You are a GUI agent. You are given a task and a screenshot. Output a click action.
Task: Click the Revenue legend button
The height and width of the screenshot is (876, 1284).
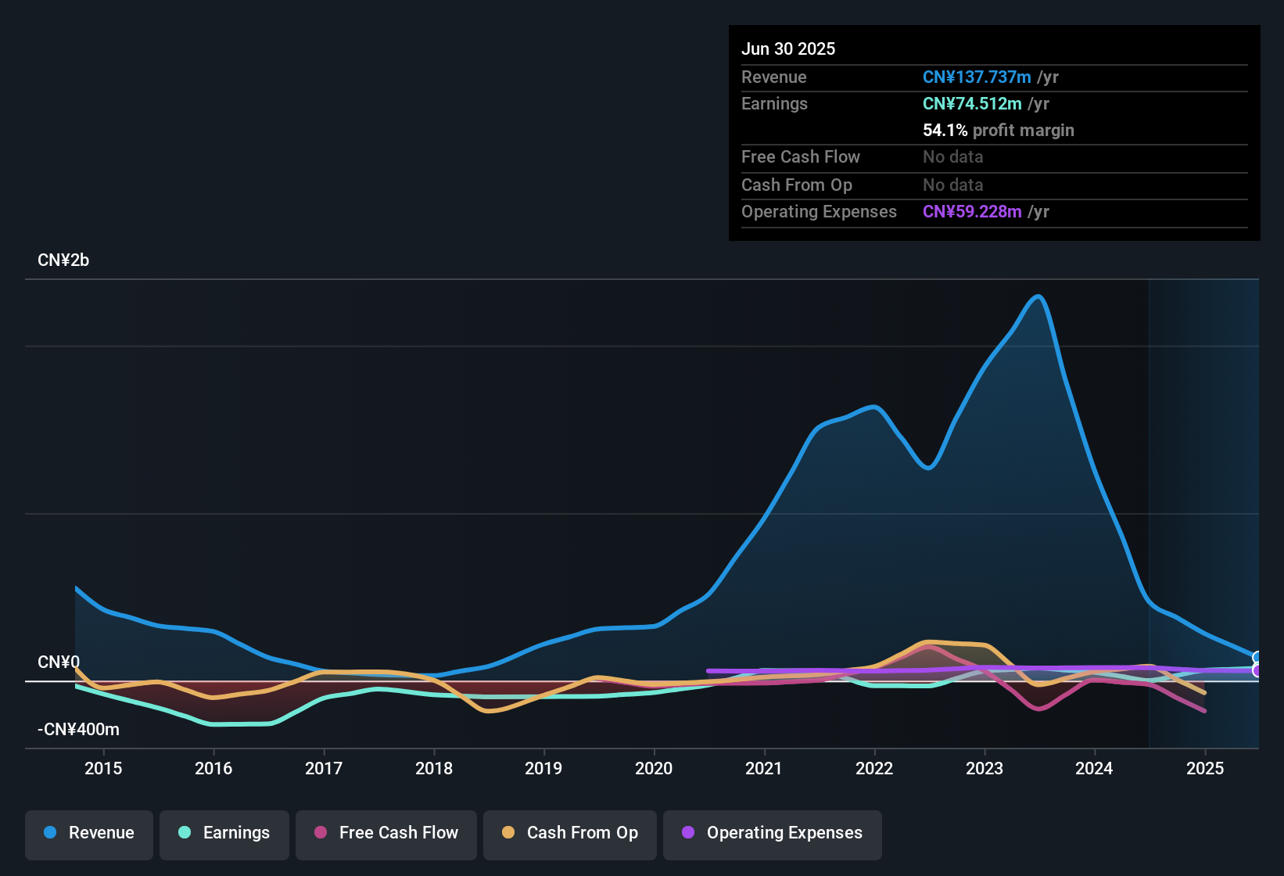89,833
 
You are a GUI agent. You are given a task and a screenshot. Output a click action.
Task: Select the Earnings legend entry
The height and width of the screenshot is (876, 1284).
224,833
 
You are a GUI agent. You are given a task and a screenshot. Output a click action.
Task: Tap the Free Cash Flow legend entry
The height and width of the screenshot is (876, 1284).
386,833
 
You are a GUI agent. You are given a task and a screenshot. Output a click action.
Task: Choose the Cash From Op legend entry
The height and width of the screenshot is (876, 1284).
570,833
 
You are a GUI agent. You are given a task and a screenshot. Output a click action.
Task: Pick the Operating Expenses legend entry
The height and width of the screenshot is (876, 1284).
773,833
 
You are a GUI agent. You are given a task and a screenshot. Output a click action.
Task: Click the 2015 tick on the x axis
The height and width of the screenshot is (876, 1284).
103,768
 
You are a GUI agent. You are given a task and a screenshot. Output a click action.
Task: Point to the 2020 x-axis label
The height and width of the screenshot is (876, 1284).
654,768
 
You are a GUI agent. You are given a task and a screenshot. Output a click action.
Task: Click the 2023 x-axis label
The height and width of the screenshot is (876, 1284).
985,768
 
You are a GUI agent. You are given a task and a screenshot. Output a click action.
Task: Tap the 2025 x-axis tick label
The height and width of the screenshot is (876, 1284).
1205,768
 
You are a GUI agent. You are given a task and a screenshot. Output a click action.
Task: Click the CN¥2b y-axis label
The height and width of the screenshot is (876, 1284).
63,260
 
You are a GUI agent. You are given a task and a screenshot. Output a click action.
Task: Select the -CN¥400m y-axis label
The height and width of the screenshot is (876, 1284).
78,730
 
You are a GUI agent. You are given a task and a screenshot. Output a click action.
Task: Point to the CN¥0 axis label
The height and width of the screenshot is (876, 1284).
59,662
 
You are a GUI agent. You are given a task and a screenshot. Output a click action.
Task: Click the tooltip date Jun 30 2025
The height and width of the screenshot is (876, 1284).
788,49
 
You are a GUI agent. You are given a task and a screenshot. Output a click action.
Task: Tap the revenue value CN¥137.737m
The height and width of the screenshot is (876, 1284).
977,77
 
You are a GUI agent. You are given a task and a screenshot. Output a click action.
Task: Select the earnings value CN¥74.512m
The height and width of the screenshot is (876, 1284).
972,104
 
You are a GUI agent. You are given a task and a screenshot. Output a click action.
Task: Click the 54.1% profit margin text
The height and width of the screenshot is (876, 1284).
999,131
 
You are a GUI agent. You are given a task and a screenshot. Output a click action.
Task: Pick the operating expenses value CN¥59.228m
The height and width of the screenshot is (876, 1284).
972,212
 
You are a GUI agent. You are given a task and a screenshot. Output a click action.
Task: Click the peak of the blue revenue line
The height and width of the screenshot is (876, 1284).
1038,296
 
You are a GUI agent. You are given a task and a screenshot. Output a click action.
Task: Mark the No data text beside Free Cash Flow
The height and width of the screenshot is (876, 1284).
953,157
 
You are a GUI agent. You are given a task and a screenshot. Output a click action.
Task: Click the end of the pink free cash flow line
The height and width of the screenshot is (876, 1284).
1204,711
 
